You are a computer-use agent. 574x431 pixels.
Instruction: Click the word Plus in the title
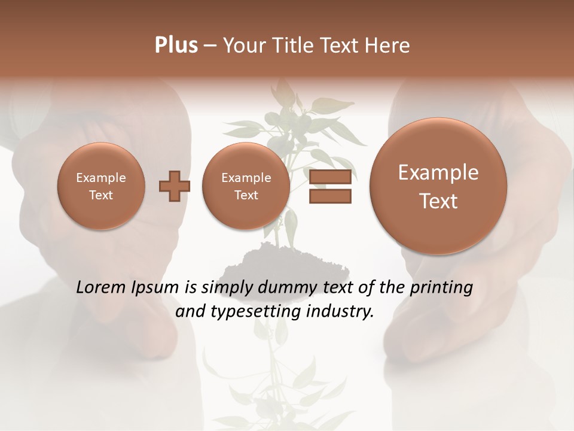[176, 45]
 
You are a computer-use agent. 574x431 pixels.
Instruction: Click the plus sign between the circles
[174, 187]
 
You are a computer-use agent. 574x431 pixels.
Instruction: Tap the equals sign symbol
[329, 187]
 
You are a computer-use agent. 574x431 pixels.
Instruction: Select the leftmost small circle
[101, 186]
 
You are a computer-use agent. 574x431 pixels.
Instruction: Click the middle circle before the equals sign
[246, 186]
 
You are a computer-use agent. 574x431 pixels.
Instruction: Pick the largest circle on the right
[438, 186]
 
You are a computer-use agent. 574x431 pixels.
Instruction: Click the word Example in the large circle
[438, 172]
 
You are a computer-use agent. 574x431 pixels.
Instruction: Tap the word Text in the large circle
[438, 201]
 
